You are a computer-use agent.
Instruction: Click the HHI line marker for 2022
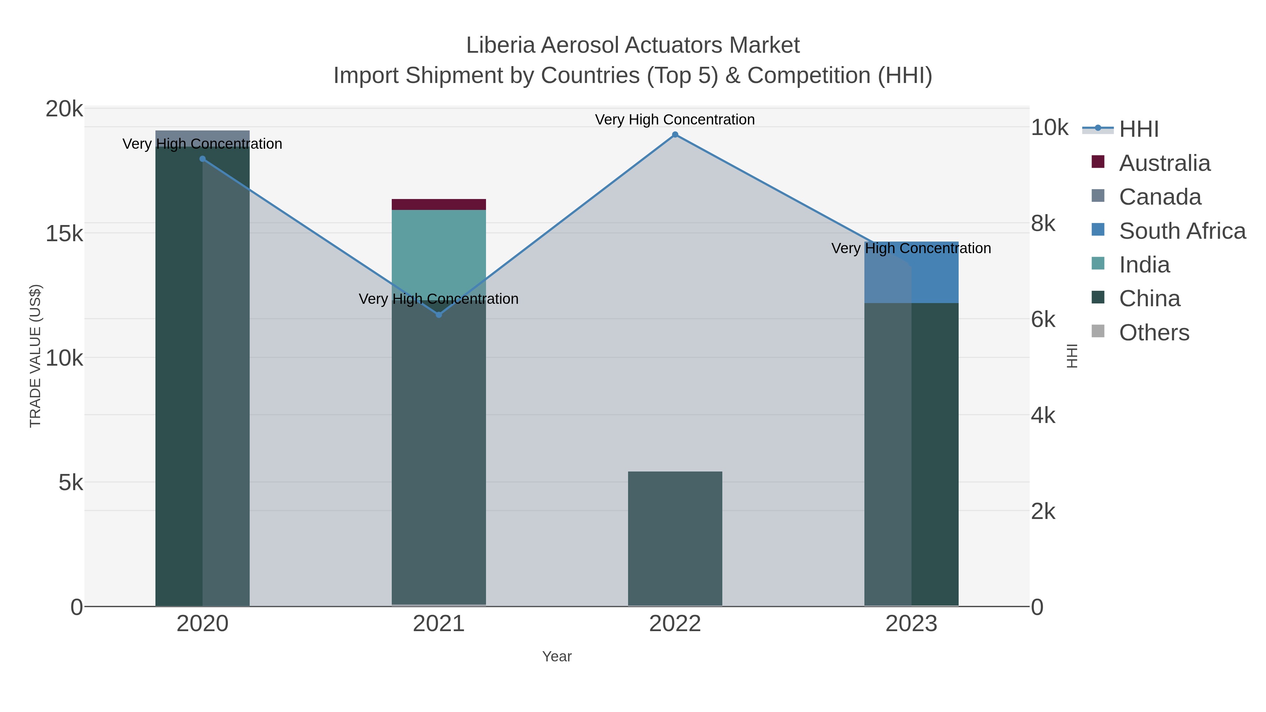pyautogui.click(x=675, y=135)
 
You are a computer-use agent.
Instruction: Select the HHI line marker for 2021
pyautogui.click(x=439, y=314)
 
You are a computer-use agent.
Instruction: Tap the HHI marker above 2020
pyautogui.click(x=203, y=159)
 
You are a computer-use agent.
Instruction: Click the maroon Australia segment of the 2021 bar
pyautogui.click(x=439, y=204)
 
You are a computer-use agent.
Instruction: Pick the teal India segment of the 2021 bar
pyautogui.click(x=439, y=246)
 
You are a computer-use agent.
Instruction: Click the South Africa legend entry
pyautogui.click(x=1182, y=231)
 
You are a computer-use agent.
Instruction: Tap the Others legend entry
pyautogui.click(x=1153, y=333)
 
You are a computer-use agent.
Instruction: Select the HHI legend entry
pyautogui.click(x=1138, y=129)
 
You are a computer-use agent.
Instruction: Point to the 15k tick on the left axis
pyautogui.click(x=64, y=234)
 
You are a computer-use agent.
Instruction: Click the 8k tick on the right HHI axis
pyautogui.click(x=1043, y=224)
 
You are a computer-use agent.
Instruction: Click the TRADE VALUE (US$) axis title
pyautogui.click(x=36, y=356)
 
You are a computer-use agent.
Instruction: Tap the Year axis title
pyautogui.click(x=557, y=656)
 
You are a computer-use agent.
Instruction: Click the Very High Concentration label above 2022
pyautogui.click(x=675, y=120)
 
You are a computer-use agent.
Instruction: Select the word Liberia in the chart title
pyautogui.click(x=500, y=46)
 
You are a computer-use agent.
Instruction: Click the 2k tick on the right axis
pyautogui.click(x=1043, y=512)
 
